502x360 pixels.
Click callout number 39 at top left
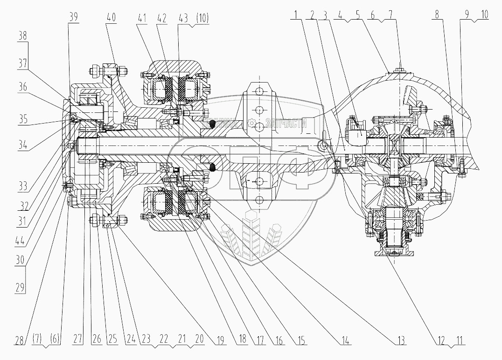[x=73, y=17]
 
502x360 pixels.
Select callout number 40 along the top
[x=111, y=17]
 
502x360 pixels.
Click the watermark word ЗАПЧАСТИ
[x=285, y=124]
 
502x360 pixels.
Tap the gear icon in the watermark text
[x=252, y=124]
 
